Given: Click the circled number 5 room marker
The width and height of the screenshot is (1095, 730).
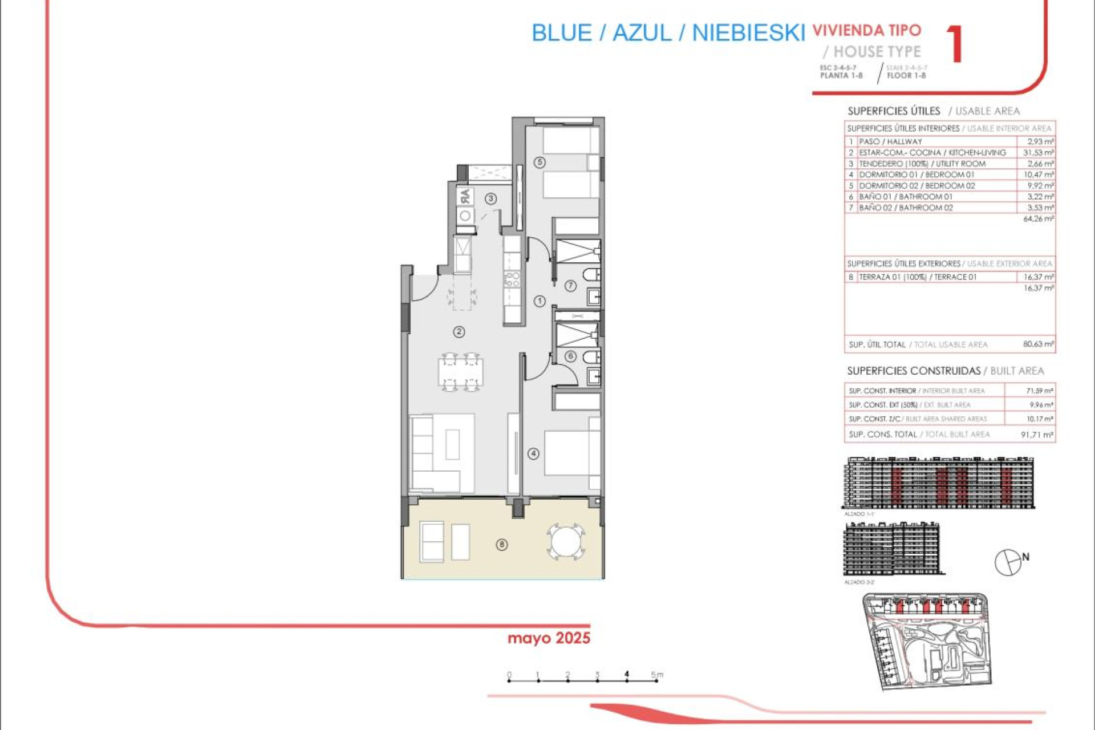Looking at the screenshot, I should click(540, 162).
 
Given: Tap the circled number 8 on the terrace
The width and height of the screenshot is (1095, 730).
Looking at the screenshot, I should click(502, 545).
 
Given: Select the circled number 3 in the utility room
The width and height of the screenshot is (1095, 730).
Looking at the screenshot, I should click(490, 198).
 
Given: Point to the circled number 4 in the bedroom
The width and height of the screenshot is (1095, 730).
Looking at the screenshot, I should click(533, 454).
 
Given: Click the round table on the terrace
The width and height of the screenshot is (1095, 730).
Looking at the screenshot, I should click(565, 541).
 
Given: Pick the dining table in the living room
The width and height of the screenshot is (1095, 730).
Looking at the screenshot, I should click(460, 372).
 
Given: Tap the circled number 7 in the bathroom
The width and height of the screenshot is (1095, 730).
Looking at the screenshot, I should click(570, 286).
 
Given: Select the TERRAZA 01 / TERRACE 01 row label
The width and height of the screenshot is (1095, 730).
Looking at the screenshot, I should click(918, 277).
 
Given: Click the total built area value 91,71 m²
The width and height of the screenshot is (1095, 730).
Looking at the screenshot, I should click(1037, 435).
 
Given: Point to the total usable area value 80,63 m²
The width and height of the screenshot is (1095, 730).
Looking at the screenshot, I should click(1038, 344).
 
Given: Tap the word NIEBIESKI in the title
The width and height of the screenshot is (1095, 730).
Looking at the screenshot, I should click(748, 33).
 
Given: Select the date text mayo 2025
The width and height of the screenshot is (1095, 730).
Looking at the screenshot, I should click(549, 638).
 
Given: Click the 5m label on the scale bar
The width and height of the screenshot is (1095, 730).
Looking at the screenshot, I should click(657, 675).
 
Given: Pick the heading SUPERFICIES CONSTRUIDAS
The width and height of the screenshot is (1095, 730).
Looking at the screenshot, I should click(914, 371).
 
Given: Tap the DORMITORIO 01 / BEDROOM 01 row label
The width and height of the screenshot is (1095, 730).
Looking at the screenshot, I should click(916, 175).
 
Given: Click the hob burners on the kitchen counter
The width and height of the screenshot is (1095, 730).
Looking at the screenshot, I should click(512, 279).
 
